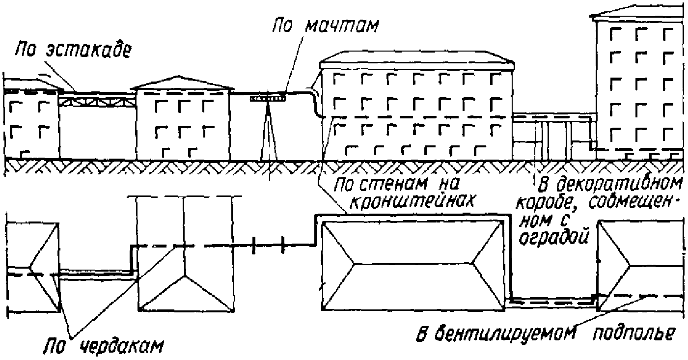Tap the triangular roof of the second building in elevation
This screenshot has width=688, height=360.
(183, 83)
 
